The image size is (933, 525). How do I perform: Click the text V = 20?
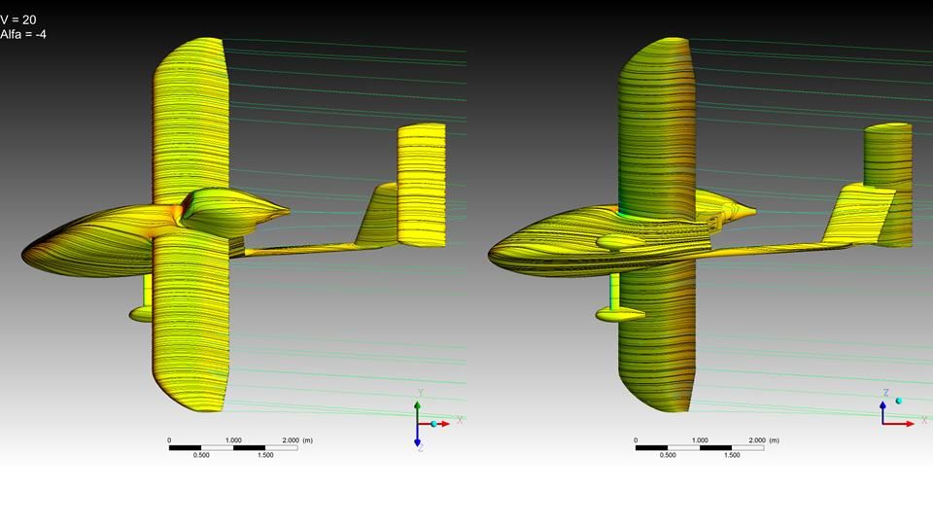(18, 19)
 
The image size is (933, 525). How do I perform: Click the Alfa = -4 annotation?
(23, 34)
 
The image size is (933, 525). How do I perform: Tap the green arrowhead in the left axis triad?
(417, 405)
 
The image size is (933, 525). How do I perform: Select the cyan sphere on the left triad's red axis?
(433, 424)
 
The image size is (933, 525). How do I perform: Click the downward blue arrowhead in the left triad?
(417, 442)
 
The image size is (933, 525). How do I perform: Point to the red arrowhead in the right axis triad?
(910, 424)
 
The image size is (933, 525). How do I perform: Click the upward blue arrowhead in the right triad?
(883, 405)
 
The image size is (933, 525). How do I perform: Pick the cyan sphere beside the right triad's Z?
(898, 402)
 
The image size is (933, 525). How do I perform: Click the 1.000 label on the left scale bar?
(233, 440)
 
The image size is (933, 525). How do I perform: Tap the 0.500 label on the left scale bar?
(201, 455)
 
